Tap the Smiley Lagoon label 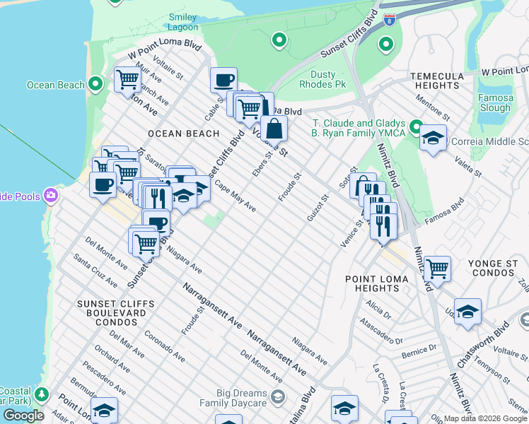coord(182,21)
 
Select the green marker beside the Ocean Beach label coord(97,86)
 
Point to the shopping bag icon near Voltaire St coord(274,129)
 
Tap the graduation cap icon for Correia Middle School coord(434,138)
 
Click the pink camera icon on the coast coord(51,194)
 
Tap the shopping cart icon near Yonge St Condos coord(438,269)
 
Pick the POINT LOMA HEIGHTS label coord(376,283)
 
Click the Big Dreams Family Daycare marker coord(277,396)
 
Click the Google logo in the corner coord(23,416)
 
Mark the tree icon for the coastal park coord(42,394)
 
